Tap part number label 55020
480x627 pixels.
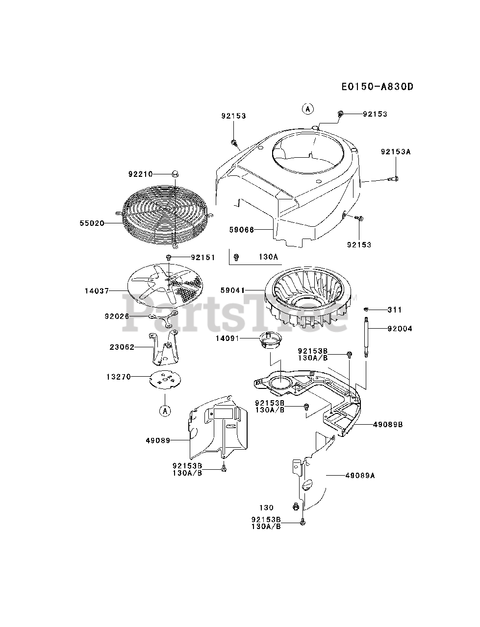pos(92,223)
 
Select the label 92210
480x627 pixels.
pos(141,174)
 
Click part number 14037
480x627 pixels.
pos(97,290)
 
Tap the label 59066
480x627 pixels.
pos(242,229)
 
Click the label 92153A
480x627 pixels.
pos(395,152)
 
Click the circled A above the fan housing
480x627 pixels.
pos(307,109)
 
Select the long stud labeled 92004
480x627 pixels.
pos(367,338)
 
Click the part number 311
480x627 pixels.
pos(394,310)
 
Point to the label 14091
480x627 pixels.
pos(227,338)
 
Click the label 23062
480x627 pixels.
pos(122,347)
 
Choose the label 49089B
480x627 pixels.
pos(387,425)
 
